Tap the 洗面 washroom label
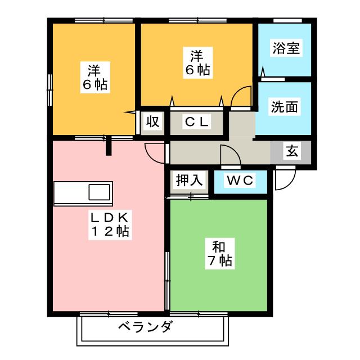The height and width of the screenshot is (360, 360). (x=285, y=106)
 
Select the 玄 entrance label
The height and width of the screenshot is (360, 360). (x=292, y=151)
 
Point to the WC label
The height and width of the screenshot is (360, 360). (x=241, y=181)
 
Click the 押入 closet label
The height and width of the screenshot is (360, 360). (x=189, y=181)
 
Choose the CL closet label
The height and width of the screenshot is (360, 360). (x=197, y=121)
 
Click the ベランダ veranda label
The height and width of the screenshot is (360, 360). (x=146, y=326)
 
